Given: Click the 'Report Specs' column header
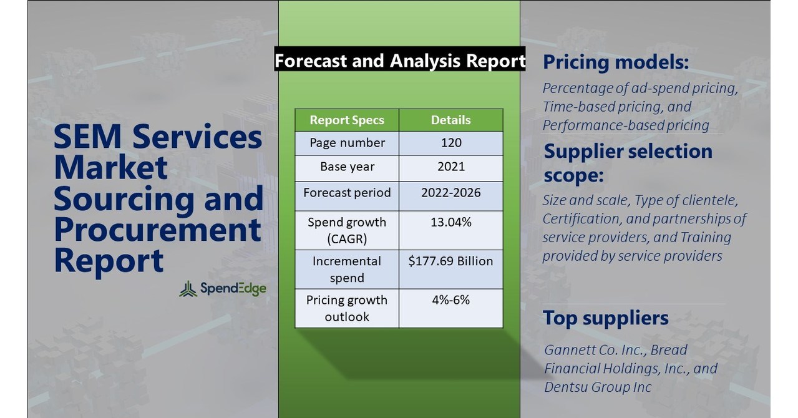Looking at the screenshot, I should pos(347,120).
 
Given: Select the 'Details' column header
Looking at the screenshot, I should pos(450,120).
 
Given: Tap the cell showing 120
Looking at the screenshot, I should pos(450,143).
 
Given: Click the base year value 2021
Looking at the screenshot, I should pos(450,167).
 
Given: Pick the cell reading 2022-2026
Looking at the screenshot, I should pos(450,192).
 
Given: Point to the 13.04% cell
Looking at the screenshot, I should pos(450,222).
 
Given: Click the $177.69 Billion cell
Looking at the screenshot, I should pos(450,261).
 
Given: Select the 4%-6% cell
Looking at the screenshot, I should pos(450,300).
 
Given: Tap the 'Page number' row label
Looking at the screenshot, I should pos(347,143).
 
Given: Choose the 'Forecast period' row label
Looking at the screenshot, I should pos(347,192).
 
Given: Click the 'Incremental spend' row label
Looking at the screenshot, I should pos(347,269).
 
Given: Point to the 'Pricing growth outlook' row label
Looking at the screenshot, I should pos(347,308).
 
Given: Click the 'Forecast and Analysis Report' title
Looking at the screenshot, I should pos(399,61).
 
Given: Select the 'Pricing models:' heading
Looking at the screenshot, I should pos(616,62).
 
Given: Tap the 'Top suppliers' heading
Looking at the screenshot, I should pos(605,318).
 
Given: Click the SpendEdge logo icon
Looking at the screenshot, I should pos(188,289).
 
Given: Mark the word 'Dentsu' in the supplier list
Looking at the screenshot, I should pos(565,387).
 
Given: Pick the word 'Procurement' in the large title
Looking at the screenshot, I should pos(157,230).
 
